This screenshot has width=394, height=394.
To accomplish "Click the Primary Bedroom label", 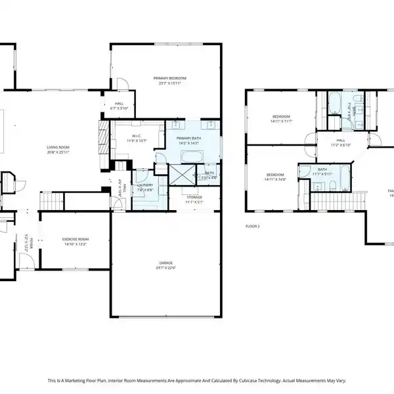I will tap(165, 80).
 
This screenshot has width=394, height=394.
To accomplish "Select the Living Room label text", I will tap(58, 149).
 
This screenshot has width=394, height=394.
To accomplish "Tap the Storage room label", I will tap(194, 200).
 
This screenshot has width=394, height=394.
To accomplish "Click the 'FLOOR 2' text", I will tap(252, 226).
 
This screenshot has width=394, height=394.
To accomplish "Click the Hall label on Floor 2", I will tap(341, 142).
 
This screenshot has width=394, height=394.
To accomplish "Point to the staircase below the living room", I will tap(53, 200).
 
